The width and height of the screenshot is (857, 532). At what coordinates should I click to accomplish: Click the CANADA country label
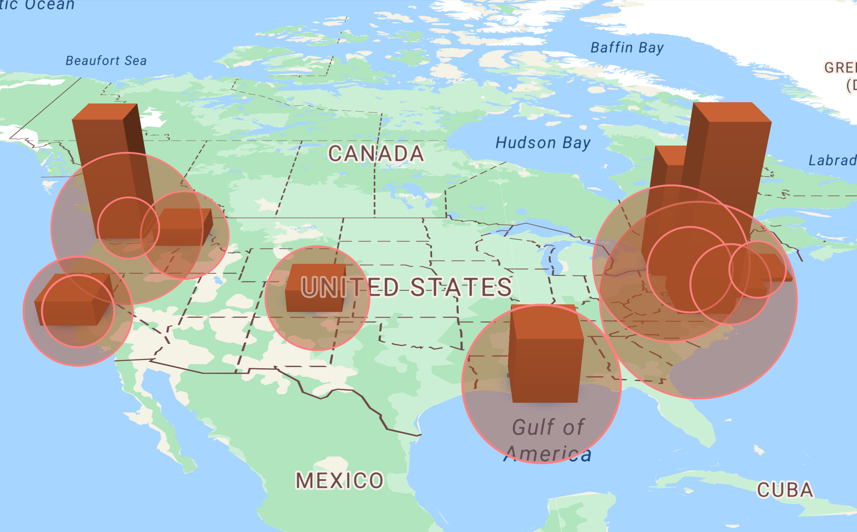click(376, 154)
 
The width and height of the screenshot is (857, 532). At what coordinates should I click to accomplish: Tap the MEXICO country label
click(339, 480)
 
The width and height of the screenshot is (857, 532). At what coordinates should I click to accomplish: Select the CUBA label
click(785, 490)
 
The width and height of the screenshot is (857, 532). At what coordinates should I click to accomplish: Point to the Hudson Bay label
click(543, 143)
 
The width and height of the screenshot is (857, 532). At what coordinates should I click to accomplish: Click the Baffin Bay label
click(627, 47)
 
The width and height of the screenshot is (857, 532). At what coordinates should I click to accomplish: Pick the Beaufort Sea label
click(106, 60)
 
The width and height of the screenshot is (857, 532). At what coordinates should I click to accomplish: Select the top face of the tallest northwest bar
click(105, 111)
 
